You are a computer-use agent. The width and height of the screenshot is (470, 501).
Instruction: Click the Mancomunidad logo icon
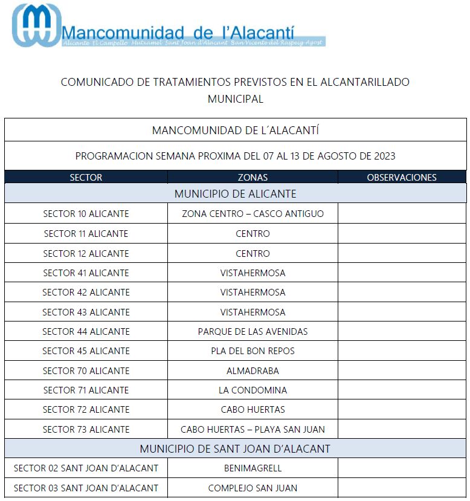point(36,25)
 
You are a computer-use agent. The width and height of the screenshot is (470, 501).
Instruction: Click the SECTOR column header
point(86,178)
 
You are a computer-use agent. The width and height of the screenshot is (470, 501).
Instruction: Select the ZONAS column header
point(253,178)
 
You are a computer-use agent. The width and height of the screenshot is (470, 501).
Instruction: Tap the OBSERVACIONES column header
point(402,178)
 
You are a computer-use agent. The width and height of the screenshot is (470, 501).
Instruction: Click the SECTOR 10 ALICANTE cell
point(86,214)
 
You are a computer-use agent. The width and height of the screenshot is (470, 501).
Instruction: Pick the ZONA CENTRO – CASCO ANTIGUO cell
point(253,214)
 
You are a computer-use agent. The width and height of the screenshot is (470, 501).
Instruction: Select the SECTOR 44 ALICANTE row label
point(86,331)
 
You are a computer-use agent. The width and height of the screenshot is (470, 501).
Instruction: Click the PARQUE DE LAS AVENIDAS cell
point(253,331)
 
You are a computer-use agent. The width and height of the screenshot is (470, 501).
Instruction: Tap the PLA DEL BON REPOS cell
point(253,351)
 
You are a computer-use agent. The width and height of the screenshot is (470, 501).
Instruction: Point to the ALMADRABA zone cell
point(253,370)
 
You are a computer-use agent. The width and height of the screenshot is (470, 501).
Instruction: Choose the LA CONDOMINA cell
point(253,390)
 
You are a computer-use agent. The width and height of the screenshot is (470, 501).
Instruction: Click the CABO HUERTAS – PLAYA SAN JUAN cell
point(253,430)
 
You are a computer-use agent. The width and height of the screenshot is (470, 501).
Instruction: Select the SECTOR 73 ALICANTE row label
point(86,430)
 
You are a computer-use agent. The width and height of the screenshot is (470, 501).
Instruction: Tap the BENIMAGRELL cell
point(253,468)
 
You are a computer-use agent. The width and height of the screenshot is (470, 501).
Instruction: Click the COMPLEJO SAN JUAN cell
point(253,488)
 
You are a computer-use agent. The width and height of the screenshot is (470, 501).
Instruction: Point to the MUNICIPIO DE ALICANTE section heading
point(235,194)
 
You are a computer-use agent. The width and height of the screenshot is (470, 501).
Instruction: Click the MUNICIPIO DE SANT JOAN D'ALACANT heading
point(235,449)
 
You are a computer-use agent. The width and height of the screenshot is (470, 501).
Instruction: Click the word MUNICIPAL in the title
point(235,99)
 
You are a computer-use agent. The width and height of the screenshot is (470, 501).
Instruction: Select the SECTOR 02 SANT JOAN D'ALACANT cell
point(86,468)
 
